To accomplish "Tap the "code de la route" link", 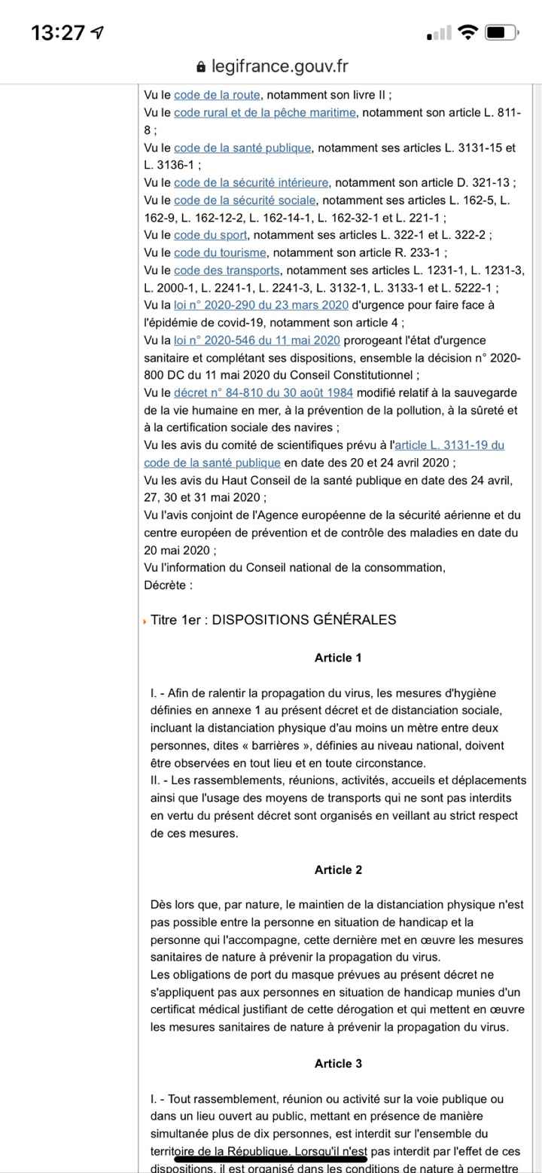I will tap(217, 95).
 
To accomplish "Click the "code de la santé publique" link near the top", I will tap(242, 148).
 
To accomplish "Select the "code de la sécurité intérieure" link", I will tap(251, 182).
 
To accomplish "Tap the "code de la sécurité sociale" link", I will tap(245, 200).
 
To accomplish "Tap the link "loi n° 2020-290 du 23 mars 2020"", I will tap(260, 305).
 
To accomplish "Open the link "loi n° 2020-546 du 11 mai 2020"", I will tap(257, 341).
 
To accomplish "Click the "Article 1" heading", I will tap(338, 658).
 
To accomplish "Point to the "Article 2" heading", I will tap(338, 870).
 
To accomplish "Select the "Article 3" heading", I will tap(338, 1064).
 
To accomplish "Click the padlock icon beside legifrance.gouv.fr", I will tap(201, 67).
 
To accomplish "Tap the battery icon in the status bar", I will tap(501, 32).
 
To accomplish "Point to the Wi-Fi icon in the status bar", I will tap(468, 32).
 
